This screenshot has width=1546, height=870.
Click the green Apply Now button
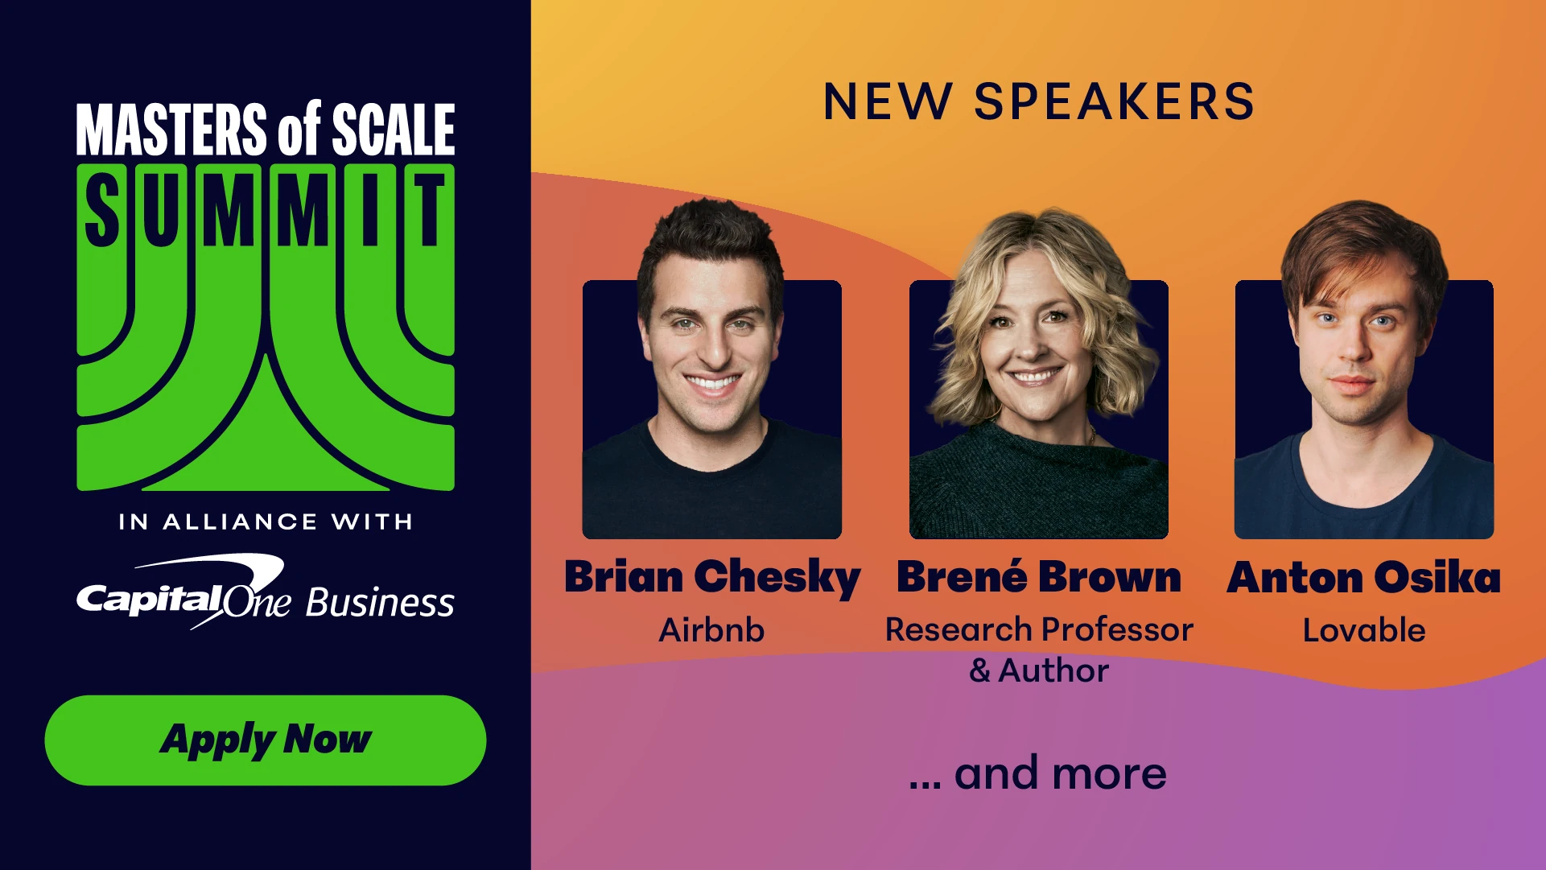(266, 740)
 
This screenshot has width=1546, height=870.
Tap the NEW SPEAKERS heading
(1039, 102)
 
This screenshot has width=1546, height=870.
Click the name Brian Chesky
(712, 579)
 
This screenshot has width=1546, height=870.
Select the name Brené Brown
(1039, 577)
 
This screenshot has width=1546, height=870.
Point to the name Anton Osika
(1364, 577)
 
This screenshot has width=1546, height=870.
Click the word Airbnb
(711, 630)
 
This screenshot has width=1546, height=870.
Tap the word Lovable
(1364, 630)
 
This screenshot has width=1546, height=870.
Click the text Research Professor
(1039, 630)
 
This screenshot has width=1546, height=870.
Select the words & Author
(1039, 670)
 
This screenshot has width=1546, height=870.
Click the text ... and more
(1037, 773)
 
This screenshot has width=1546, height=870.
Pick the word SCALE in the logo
(394, 129)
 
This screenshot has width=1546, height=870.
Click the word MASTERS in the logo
(171, 129)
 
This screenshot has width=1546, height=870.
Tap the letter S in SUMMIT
(102, 211)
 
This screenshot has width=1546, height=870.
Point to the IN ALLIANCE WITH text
(266, 522)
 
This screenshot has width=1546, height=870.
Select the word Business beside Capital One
(380, 602)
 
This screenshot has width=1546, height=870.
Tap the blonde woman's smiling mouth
(1036, 376)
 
